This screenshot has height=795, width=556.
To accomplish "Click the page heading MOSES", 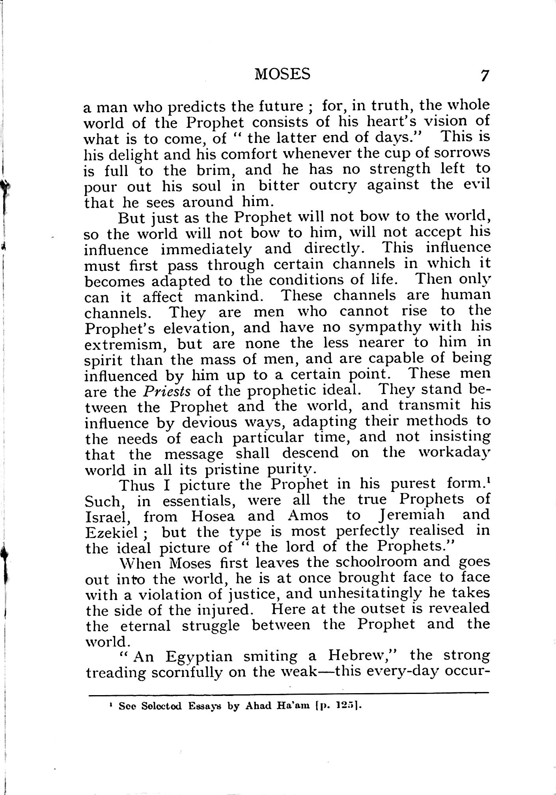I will coord(282,74).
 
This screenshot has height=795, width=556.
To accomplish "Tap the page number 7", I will coord(485,75).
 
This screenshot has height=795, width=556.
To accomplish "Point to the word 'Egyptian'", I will coord(199,656).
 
